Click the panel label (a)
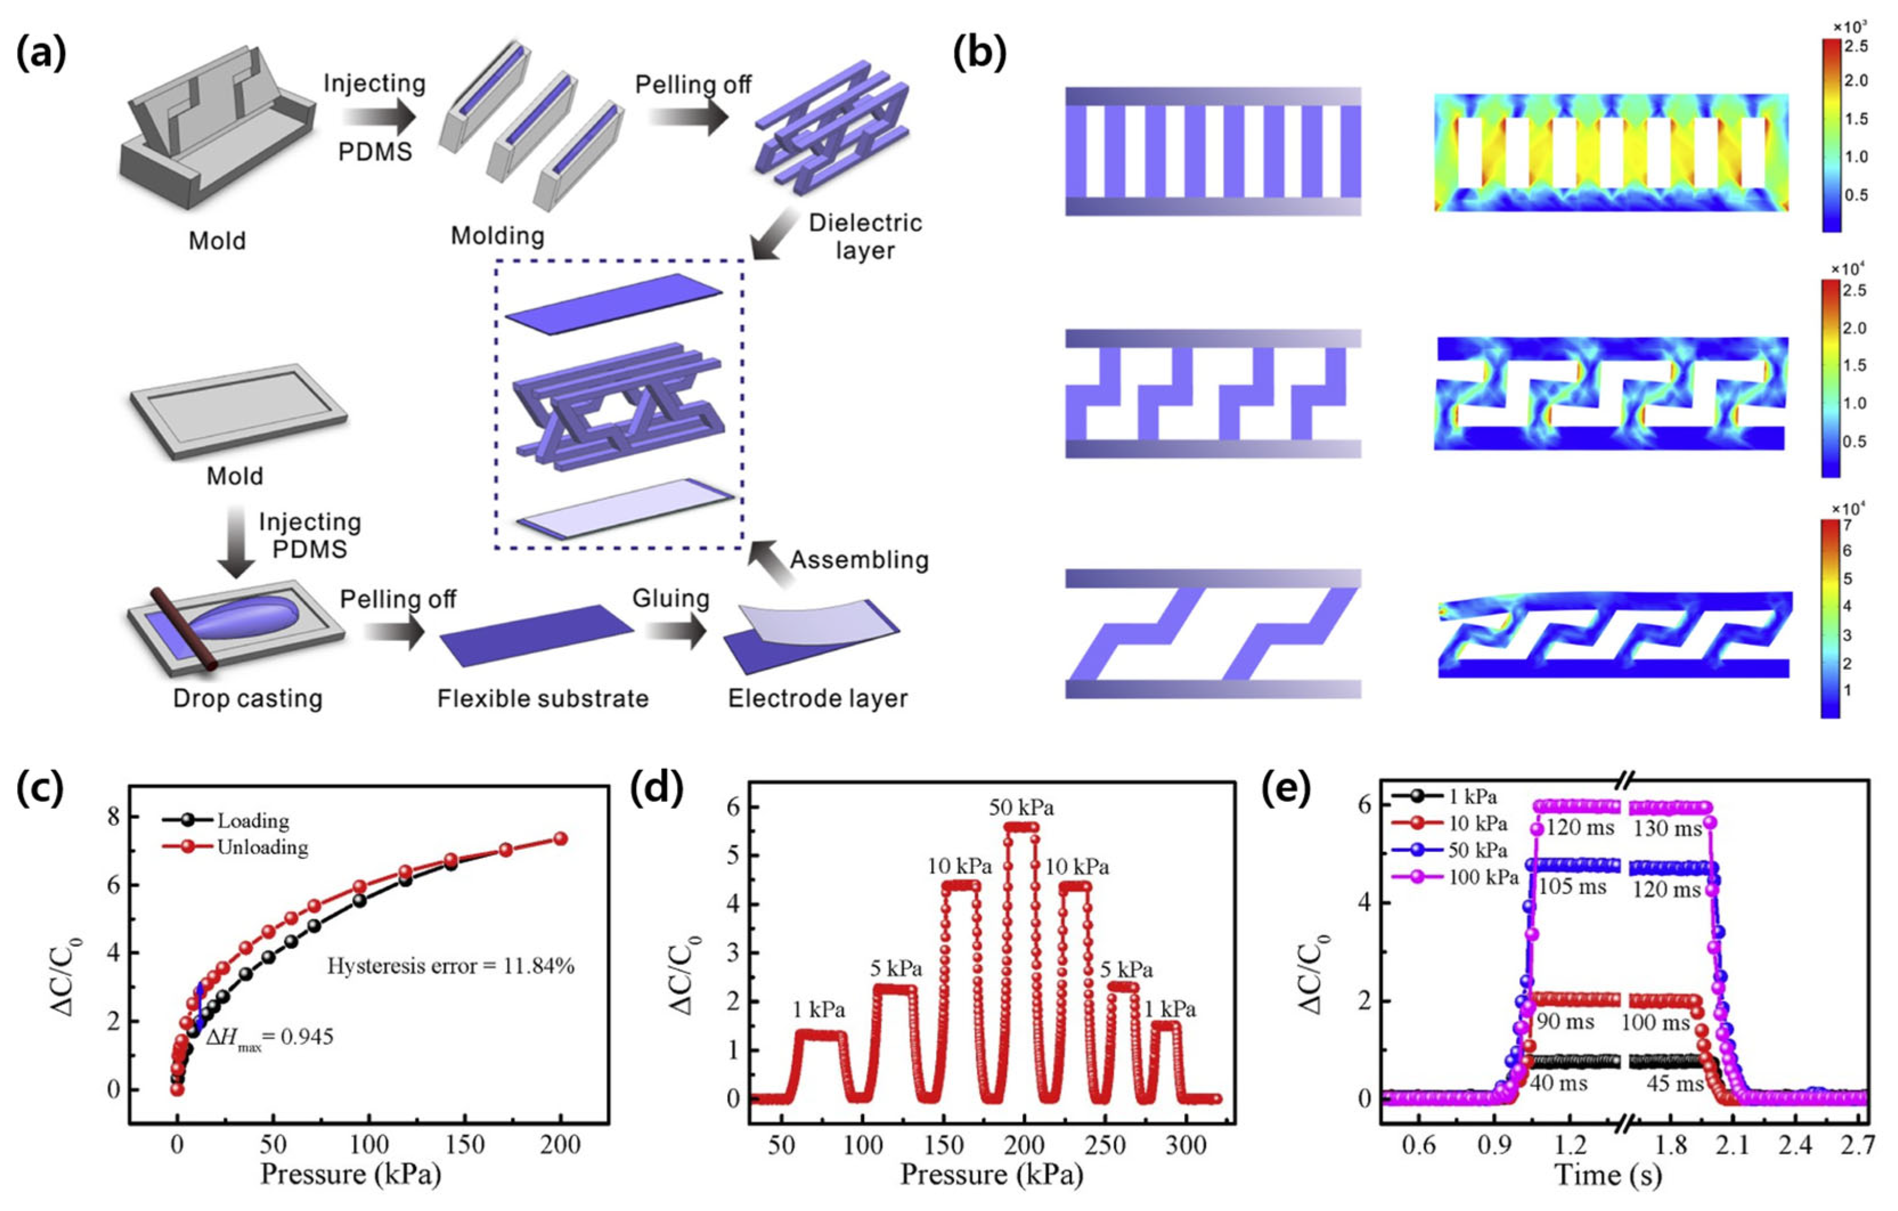click(x=41, y=54)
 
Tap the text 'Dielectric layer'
click(x=864, y=237)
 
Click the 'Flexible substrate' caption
click(x=543, y=699)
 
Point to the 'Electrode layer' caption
click(x=817, y=699)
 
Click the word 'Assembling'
click(x=859, y=560)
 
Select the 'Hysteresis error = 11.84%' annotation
click(x=451, y=966)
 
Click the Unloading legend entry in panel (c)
click(x=236, y=847)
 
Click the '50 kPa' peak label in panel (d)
click(x=1022, y=808)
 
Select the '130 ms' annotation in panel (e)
click(x=1668, y=829)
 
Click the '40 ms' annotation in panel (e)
click(x=1559, y=1083)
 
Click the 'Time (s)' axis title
click(x=1608, y=1176)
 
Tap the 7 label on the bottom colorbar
click(x=1847, y=525)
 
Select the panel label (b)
click(x=979, y=54)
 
